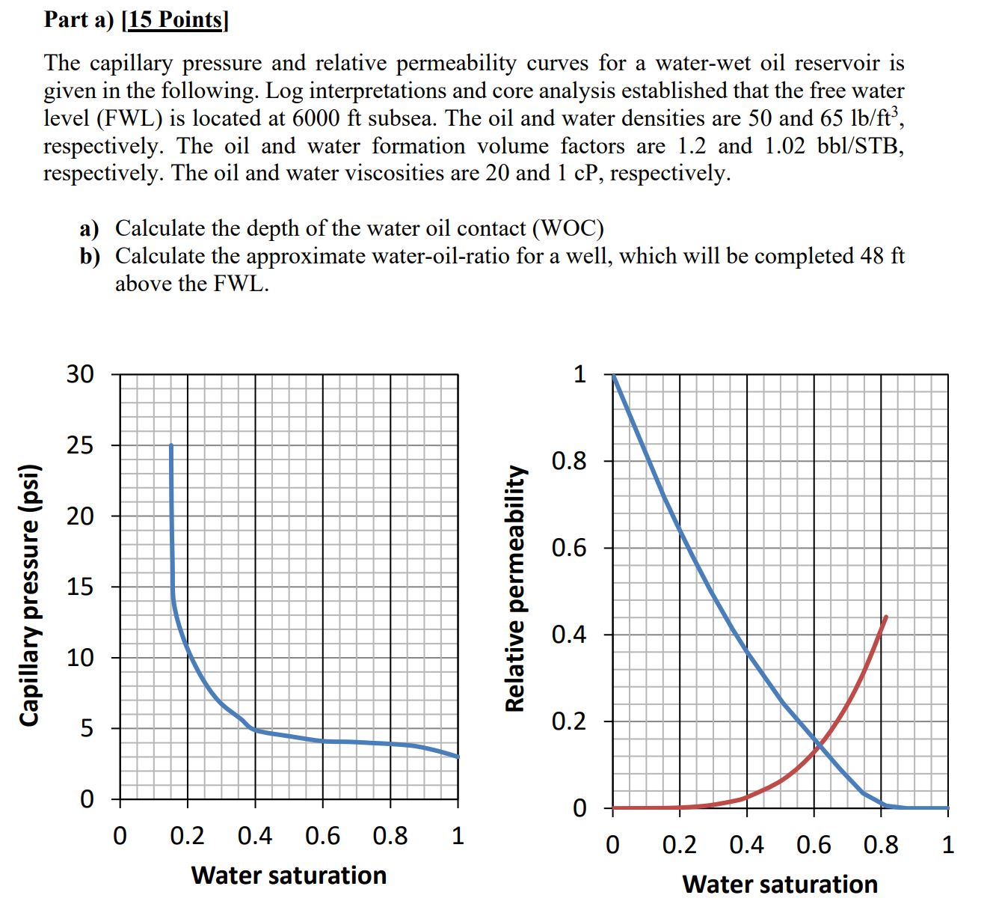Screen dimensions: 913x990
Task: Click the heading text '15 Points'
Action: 176,19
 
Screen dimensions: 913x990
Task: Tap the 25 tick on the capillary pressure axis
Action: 82,446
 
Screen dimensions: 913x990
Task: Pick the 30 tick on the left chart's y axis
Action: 82,374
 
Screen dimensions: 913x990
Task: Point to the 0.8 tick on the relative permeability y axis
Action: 569,461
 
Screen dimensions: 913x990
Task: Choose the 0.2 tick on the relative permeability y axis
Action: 569,722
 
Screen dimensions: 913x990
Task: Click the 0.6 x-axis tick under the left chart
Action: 323,835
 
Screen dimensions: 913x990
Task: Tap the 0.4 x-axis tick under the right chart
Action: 746,846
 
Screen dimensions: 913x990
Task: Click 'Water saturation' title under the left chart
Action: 289,875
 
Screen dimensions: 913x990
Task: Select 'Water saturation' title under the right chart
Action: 780,885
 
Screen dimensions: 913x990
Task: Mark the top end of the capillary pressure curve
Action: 171,446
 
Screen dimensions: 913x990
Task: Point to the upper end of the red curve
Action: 886,617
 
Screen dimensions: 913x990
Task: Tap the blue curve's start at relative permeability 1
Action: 614,376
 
